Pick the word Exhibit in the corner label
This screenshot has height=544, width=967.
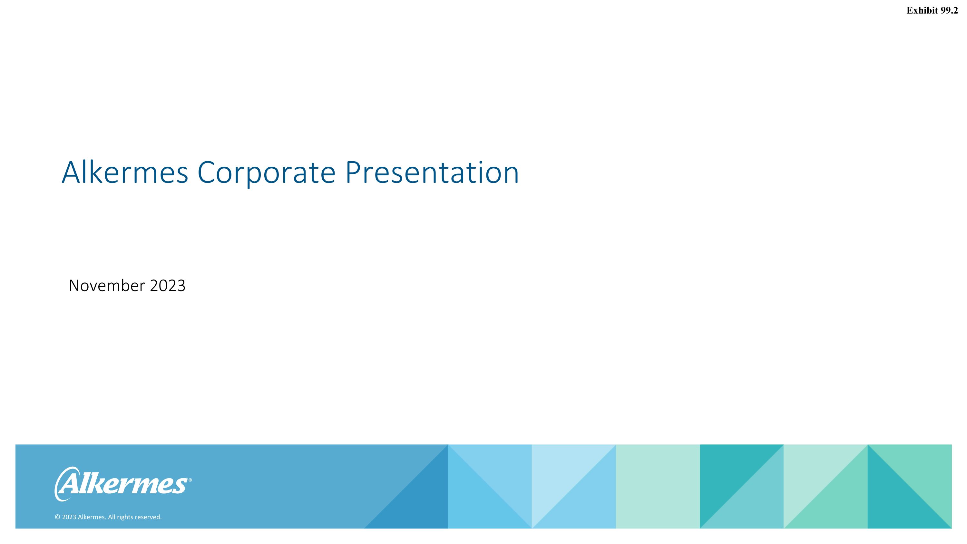click(x=922, y=11)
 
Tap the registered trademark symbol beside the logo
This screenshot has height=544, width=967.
click(x=190, y=480)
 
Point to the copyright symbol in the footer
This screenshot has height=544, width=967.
click(x=57, y=517)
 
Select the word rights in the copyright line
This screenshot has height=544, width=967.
click(x=125, y=517)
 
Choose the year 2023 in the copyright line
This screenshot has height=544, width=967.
click(x=69, y=517)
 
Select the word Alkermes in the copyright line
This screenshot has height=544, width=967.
click(x=92, y=517)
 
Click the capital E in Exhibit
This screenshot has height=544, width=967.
click(x=910, y=11)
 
